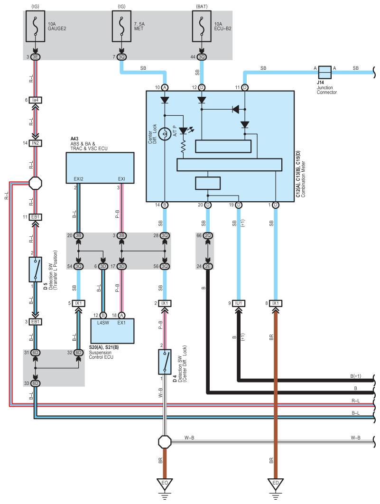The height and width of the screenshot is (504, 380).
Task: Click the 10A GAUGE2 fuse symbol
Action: point(36,27)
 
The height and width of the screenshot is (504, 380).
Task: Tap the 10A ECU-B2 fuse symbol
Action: point(202,27)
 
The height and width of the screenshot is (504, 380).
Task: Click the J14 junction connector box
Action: point(324,72)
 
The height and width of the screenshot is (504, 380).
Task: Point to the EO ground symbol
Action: point(164,485)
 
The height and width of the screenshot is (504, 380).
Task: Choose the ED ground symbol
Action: point(275,485)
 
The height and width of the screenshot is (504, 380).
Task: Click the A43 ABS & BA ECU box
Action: point(100,168)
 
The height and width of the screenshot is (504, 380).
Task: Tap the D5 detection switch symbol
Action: point(36,269)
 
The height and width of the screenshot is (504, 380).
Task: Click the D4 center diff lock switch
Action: point(164,362)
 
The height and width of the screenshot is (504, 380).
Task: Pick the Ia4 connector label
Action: point(36,100)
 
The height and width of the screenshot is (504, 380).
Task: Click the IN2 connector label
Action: point(36,142)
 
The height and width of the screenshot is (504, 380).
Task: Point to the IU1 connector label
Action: point(239,303)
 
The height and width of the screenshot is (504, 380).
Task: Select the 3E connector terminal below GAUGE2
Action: point(36,57)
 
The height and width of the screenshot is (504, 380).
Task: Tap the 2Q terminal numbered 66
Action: point(208,235)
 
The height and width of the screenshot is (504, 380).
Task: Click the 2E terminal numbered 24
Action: point(208,266)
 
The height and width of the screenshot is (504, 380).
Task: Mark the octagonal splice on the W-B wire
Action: point(164,441)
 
